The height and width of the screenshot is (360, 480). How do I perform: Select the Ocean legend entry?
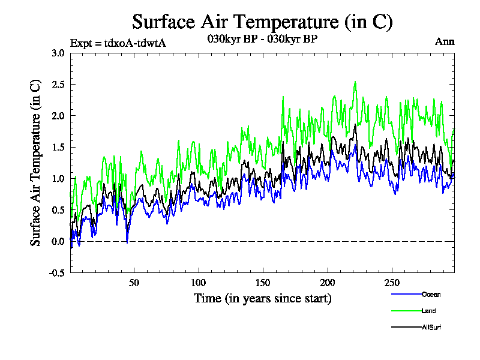tap(431, 294)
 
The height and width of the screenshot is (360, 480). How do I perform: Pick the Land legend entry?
tap(428, 311)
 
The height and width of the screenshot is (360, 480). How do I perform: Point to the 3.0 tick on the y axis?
tap(58, 53)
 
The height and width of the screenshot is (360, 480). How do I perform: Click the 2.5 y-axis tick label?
tap(58, 84)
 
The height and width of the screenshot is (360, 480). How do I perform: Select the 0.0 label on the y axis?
tap(58, 241)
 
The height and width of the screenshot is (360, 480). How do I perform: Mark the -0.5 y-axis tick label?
tap(57, 272)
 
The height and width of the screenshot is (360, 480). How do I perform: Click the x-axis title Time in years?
tap(262, 298)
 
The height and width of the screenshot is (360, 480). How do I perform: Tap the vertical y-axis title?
tap(36, 163)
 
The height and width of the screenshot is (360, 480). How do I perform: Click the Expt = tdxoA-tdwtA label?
tap(118, 43)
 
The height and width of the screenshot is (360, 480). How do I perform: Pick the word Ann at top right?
tap(445, 42)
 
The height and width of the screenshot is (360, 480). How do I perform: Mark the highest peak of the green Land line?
tap(355, 82)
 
